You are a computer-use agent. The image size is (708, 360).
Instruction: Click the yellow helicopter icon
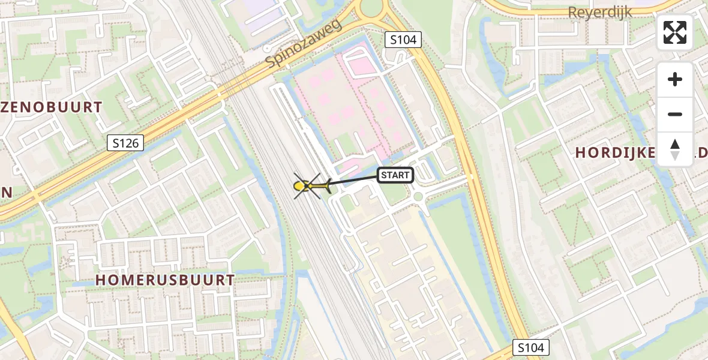pyautogui.click(x=310, y=187)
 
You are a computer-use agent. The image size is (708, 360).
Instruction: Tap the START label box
pyautogui.click(x=395, y=175)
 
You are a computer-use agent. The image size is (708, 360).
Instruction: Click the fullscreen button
pyautogui.click(x=675, y=32)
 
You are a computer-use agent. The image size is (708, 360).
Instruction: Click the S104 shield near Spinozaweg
pyautogui.click(x=403, y=40)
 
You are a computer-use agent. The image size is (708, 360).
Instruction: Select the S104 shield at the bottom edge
pyautogui.click(x=532, y=347)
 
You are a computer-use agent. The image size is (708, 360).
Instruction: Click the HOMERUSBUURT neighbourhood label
pyautogui.click(x=164, y=280)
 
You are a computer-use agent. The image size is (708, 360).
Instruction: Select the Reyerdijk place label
pyautogui.click(x=600, y=13)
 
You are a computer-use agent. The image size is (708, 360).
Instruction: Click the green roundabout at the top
pyautogui.click(x=371, y=7)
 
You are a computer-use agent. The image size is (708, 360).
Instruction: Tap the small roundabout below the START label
pyautogui.click(x=418, y=196)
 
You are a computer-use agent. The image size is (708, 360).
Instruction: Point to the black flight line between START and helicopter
pyautogui.click(x=354, y=181)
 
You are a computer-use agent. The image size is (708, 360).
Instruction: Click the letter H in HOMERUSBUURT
pyautogui.click(x=101, y=280)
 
